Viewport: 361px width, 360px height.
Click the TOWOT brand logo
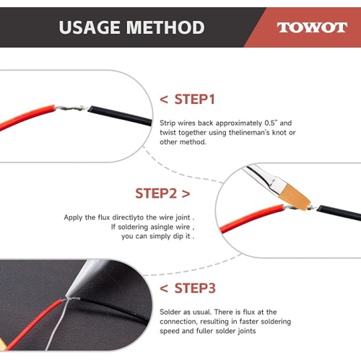(312, 27)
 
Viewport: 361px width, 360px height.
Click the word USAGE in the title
(90, 27)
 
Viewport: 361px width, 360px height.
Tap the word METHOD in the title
(165, 27)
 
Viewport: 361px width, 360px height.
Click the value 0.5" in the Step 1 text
(271, 123)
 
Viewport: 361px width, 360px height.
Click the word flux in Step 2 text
(104, 217)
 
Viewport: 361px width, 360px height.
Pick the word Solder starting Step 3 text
(170, 312)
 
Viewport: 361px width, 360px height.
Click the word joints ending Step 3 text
(247, 331)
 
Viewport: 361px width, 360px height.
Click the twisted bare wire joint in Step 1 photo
(71, 108)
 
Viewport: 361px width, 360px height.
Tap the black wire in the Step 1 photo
(120, 115)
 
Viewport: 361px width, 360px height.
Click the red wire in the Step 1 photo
(27, 117)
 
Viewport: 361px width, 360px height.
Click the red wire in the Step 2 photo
(251, 219)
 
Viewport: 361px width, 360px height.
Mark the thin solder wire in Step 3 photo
(56, 325)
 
